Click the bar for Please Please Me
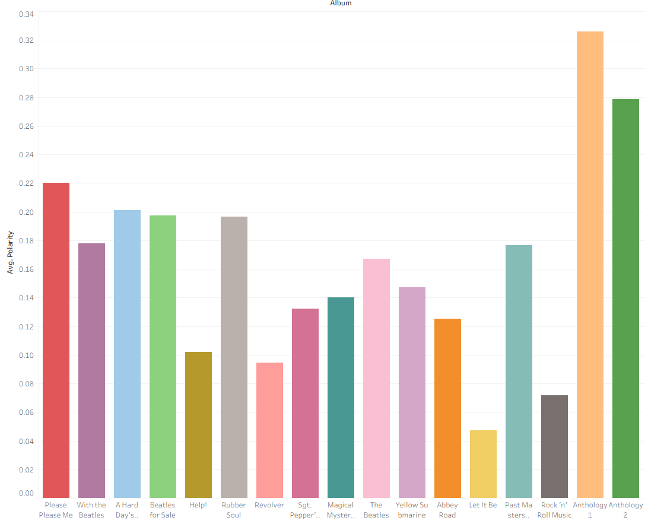pyautogui.click(x=56, y=340)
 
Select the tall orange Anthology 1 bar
pyautogui.click(x=590, y=265)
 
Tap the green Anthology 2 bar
pyautogui.click(x=625, y=299)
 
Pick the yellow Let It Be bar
pyautogui.click(x=483, y=464)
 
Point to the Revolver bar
pyautogui.click(x=269, y=430)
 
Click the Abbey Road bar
pyautogui.click(x=447, y=408)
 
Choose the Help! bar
pyautogui.click(x=198, y=425)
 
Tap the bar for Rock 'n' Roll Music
pyautogui.click(x=554, y=446)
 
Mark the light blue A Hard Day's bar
pyautogui.click(x=127, y=354)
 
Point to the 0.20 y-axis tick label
pyautogui.click(x=26, y=212)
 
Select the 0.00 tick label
pyautogui.click(x=26, y=493)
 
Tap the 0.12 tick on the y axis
pyautogui.click(x=26, y=327)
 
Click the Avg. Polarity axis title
pyautogui.click(x=10, y=252)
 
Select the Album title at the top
pyautogui.click(x=341, y=4)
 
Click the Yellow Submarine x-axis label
pyautogui.click(x=412, y=510)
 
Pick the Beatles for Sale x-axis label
pyautogui.click(x=163, y=510)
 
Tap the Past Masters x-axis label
pyautogui.click(x=519, y=510)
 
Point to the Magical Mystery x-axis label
pyautogui.click(x=341, y=510)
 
